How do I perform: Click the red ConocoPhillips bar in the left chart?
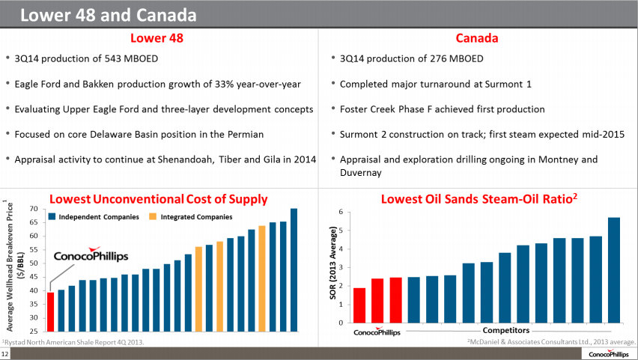click(50, 311)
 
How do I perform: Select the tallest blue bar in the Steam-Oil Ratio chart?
click(614, 269)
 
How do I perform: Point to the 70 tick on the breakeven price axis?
click(34, 209)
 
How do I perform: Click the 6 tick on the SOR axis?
click(341, 212)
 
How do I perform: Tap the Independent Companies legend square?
click(52, 216)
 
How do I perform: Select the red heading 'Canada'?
click(477, 37)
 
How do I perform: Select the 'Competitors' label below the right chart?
click(506, 330)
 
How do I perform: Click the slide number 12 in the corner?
click(5, 353)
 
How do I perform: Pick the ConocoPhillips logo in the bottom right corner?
click(610, 353)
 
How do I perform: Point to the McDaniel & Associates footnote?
click(550, 342)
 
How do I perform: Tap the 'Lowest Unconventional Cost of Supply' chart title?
click(158, 198)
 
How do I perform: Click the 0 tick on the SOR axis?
click(341, 323)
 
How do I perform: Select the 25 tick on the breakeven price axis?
click(34, 331)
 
